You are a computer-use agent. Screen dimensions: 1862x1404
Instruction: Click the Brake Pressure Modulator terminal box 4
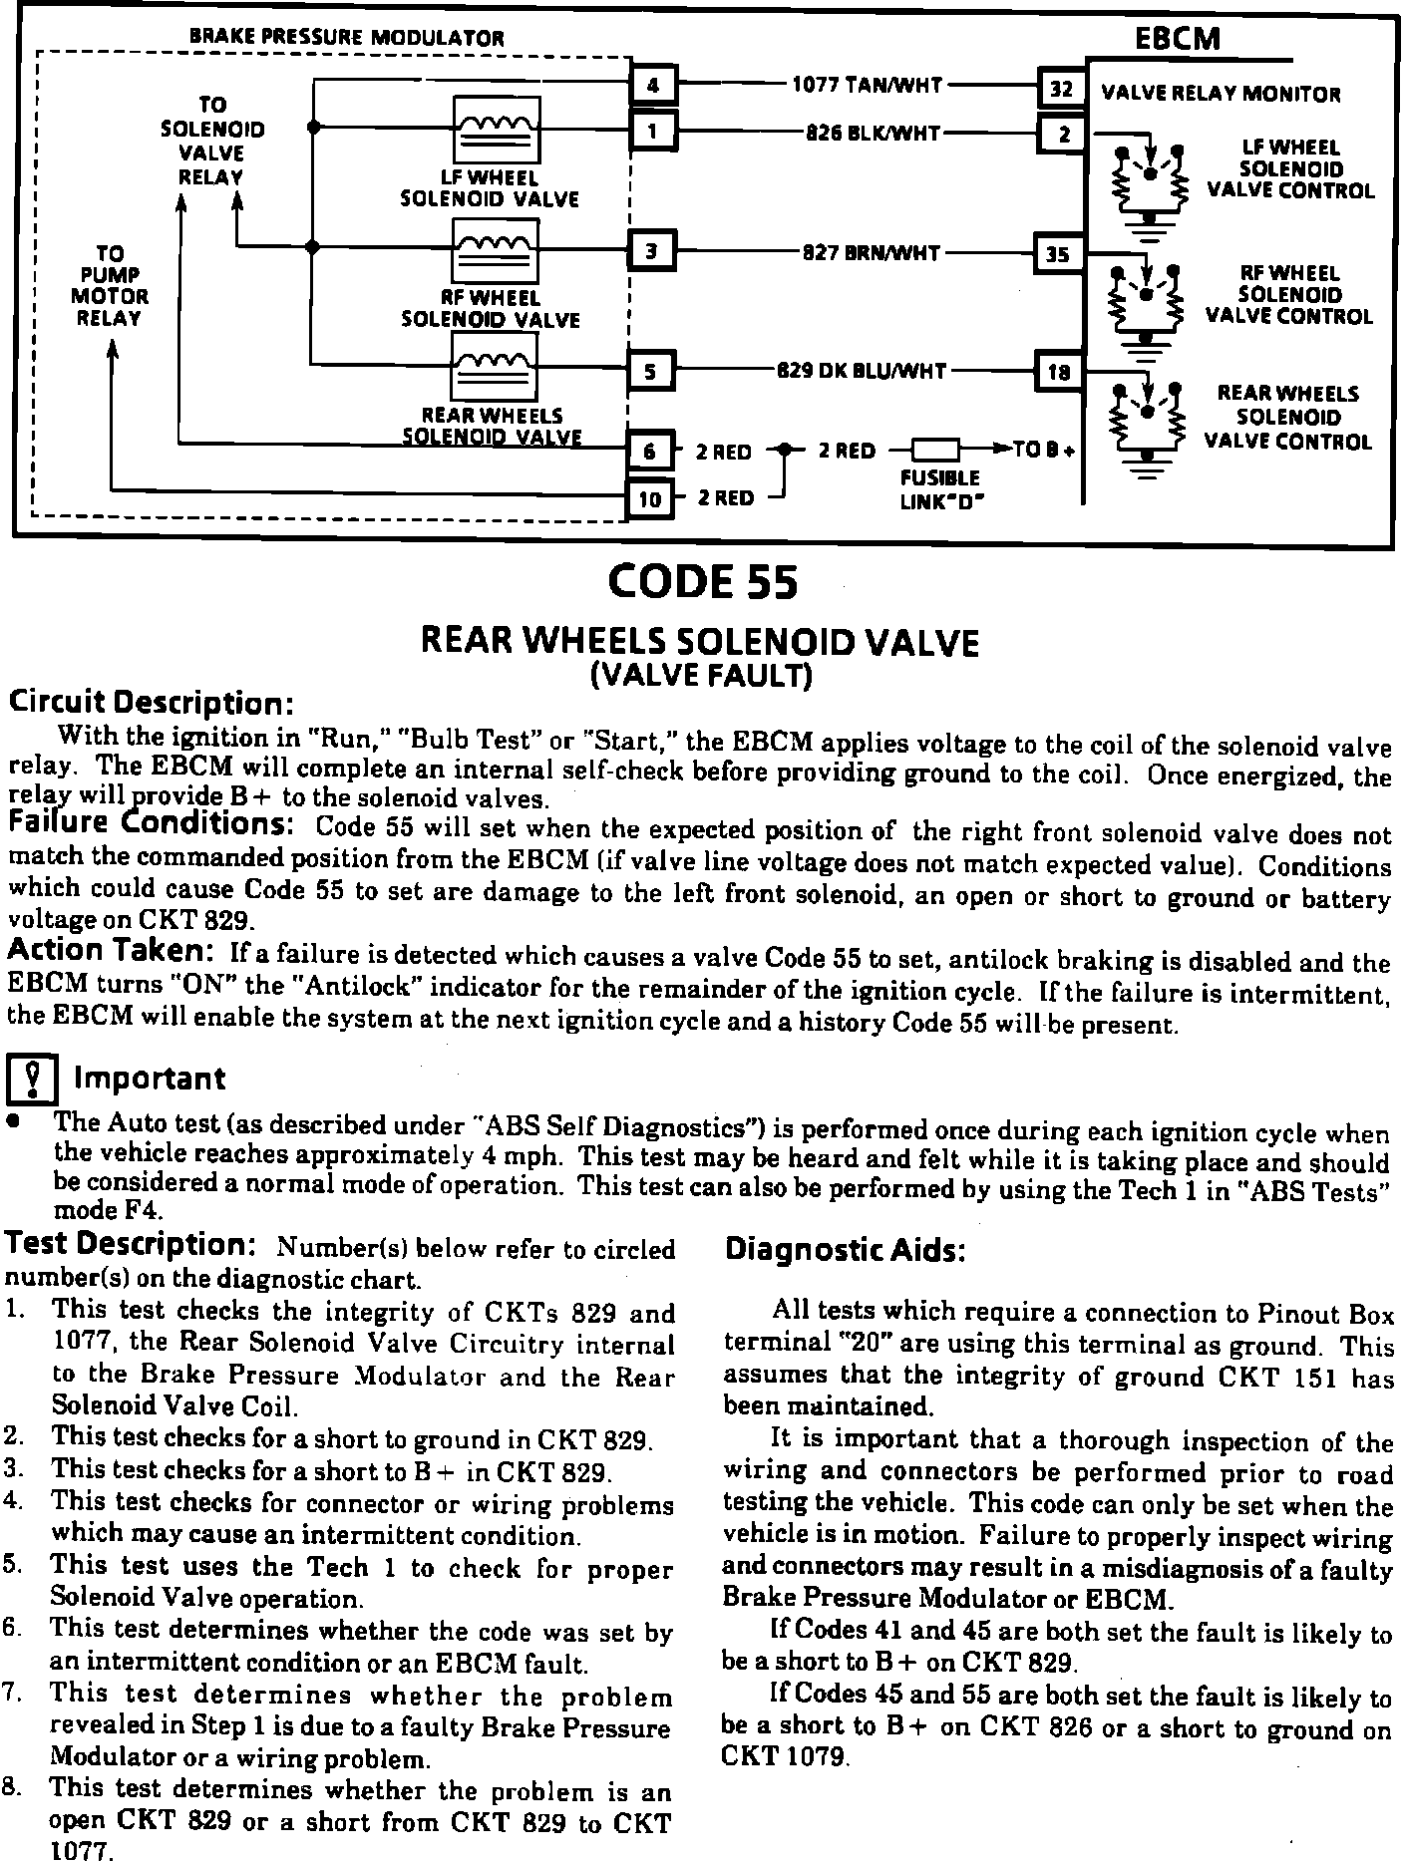point(653,86)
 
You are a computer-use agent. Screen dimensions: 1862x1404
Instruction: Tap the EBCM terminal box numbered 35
point(1058,254)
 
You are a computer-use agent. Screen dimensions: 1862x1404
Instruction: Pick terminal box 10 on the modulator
point(649,498)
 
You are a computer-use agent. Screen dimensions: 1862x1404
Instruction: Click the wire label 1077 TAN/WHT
point(867,86)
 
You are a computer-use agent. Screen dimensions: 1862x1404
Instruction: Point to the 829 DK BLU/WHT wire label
point(863,372)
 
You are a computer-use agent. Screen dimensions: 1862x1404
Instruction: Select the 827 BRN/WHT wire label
point(872,253)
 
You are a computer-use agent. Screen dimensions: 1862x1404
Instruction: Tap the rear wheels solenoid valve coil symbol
point(495,367)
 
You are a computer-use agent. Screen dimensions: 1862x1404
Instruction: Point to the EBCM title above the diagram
point(1177,39)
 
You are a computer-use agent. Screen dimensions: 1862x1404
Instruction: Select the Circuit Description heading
point(151,704)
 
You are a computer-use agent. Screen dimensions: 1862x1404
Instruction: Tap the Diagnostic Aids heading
point(845,1250)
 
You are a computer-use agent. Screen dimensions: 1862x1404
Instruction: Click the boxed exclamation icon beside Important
point(35,1078)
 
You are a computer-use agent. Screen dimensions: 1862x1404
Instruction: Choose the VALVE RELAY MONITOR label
point(1221,95)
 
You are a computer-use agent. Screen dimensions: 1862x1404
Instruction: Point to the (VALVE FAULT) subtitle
point(702,677)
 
